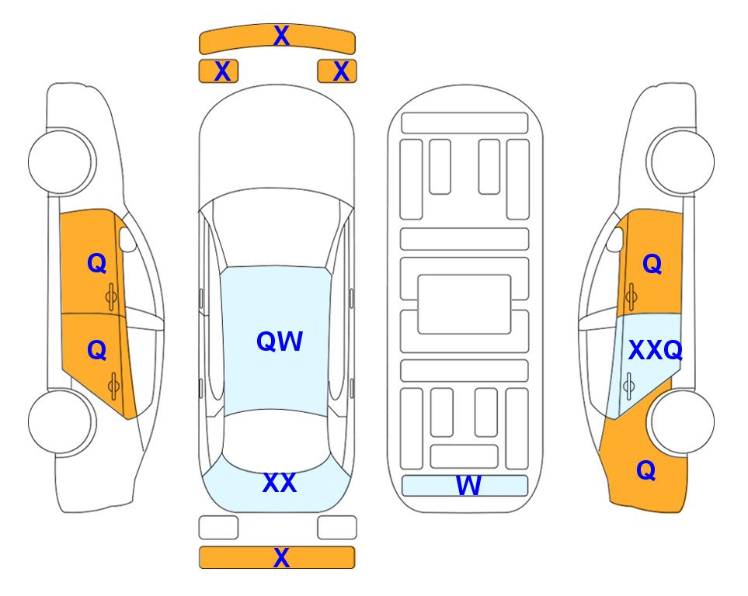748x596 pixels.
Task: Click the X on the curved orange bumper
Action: pyautogui.click(x=281, y=36)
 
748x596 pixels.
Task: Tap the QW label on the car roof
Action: pyautogui.click(x=280, y=341)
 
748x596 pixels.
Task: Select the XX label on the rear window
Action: pyautogui.click(x=280, y=482)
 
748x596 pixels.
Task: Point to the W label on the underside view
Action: pyautogui.click(x=468, y=485)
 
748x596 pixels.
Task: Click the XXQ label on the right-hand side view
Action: pyautogui.click(x=656, y=350)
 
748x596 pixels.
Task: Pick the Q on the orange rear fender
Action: pyautogui.click(x=646, y=470)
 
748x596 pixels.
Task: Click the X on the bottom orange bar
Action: pyautogui.click(x=281, y=557)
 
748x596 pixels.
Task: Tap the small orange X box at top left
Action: pyautogui.click(x=218, y=71)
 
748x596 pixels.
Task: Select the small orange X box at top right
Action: pyautogui.click(x=337, y=71)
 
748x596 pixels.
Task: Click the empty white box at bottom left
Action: pyautogui.click(x=218, y=528)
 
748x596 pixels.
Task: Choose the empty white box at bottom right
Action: pyautogui.click(x=337, y=528)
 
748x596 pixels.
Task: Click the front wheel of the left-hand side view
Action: pyautogui.click(x=61, y=161)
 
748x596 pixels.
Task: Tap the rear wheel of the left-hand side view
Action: pyautogui.click(x=61, y=421)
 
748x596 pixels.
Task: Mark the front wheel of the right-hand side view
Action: pyautogui.click(x=680, y=161)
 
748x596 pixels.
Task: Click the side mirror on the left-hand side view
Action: pyautogui.click(x=127, y=239)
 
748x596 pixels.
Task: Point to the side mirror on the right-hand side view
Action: pyautogui.click(x=615, y=239)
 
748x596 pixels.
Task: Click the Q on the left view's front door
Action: pyautogui.click(x=97, y=263)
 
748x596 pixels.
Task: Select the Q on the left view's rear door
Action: pyautogui.click(x=97, y=350)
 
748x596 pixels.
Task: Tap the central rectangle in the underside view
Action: pyautogui.click(x=464, y=304)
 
